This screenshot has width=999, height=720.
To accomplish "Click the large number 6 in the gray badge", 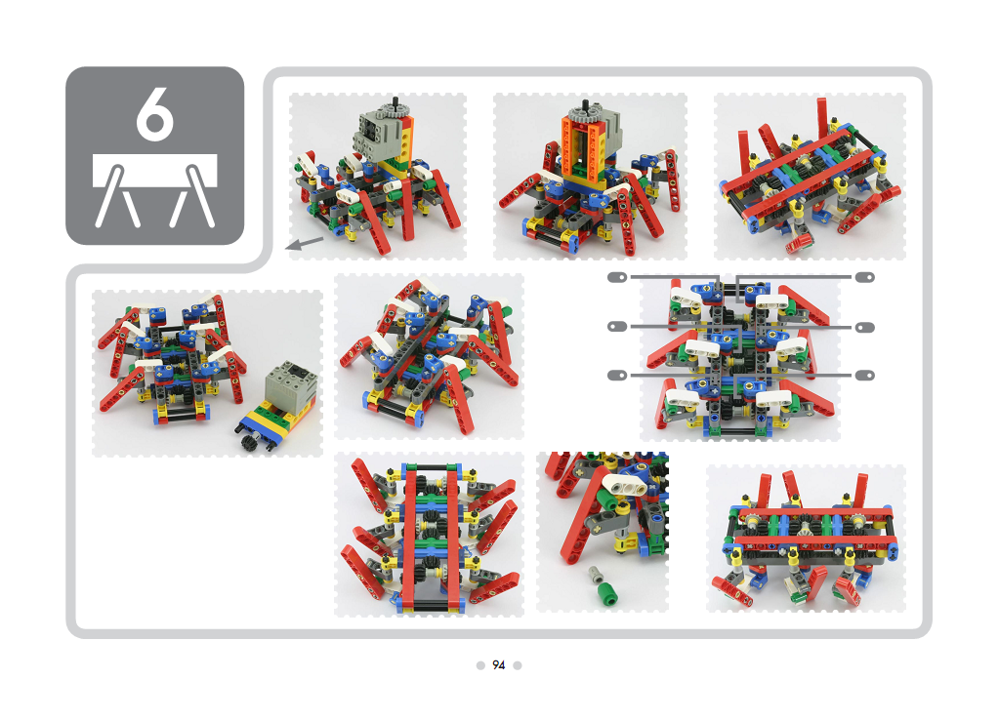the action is tap(155, 114).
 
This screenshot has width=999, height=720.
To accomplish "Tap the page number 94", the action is tap(499, 665).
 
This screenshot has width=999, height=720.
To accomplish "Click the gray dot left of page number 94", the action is tap(480, 665).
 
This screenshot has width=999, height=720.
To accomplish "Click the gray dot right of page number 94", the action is tap(518, 665).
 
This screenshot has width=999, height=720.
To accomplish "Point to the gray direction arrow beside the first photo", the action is tap(305, 243).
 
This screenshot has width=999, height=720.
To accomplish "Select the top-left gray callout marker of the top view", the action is tap(617, 277).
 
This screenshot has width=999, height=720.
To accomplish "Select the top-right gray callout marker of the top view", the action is tap(864, 277).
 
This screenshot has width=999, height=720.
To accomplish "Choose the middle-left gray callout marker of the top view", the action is tap(617, 327).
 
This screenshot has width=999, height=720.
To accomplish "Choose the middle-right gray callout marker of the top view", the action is tap(864, 327).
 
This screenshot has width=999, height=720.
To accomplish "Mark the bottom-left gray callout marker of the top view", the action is tap(617, 375).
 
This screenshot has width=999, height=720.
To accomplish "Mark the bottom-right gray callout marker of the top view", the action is tap(864, 375).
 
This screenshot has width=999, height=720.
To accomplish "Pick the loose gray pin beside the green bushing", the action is tap(595, 575).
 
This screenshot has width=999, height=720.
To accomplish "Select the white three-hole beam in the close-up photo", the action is tap(624, 486).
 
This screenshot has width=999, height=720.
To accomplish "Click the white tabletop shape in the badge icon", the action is tap(155, 171).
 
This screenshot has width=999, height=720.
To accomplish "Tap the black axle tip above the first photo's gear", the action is tap(396, 100).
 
